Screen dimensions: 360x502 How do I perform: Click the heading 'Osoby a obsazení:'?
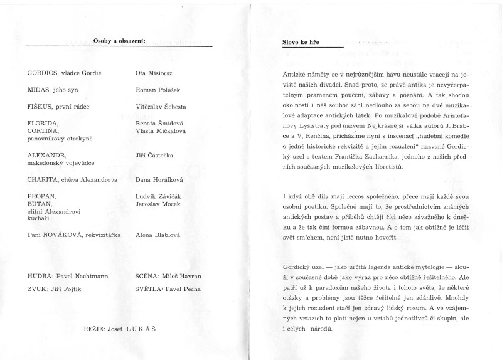(x=119, y=41)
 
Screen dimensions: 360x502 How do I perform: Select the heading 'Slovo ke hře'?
(x=302, y=42)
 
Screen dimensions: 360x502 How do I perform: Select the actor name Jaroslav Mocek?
(x=159, y=204)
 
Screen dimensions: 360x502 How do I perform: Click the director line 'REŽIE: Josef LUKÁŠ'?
(x=120, y=329)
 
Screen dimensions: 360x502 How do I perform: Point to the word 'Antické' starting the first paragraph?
(x=295, y=75)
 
